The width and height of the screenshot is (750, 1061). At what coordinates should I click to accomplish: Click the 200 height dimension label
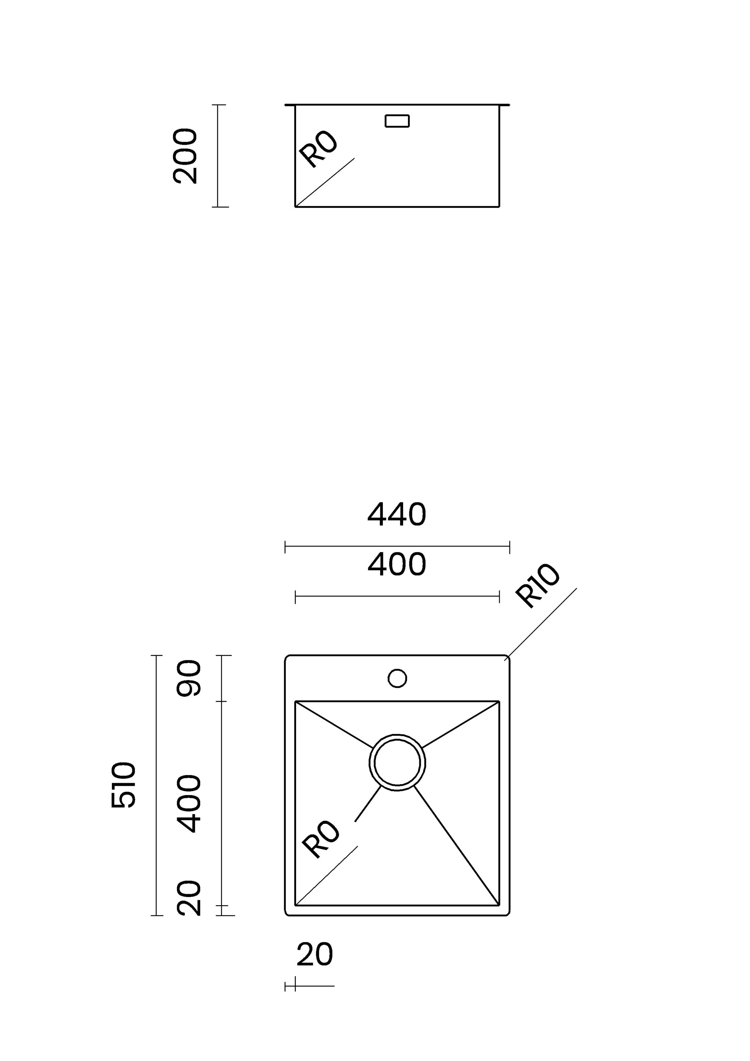tap(185, 156)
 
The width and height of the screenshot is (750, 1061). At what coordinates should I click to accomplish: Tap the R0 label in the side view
tap(318, 149)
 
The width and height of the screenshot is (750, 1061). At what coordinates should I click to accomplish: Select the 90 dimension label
tap(189, 678)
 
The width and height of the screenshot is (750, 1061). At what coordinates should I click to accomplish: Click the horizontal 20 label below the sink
tap(314, 955)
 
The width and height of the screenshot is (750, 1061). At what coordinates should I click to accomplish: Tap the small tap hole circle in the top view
tap(397, 678)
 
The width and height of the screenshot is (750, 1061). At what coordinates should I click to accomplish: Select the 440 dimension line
tap(397, 547)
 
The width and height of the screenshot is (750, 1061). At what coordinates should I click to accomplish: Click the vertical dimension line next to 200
tap(218, 156)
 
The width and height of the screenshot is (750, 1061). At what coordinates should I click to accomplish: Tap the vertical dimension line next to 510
tap(156, 785)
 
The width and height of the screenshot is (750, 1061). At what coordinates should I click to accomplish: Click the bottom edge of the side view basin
tap(397, 207)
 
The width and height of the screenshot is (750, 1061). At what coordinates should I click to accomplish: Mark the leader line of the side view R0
tap(325, 182)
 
